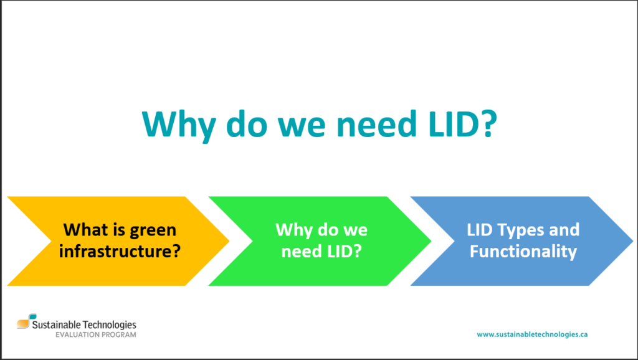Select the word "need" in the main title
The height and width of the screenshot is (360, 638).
377,123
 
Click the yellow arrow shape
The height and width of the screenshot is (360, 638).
118,241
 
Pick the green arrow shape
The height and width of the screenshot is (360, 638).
320,241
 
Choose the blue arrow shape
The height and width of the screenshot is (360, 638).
521,241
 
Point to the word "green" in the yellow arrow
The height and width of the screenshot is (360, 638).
153,230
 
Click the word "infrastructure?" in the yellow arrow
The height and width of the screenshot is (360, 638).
120,251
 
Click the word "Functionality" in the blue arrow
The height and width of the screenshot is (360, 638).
523,252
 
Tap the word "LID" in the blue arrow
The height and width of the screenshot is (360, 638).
480,230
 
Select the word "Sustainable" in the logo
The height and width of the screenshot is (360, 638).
56,324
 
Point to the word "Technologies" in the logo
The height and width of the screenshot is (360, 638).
110,325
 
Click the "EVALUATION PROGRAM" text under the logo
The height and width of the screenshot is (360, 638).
96,335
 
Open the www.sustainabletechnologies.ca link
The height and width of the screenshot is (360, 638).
532,334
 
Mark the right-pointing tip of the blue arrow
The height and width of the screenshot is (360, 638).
633,241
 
